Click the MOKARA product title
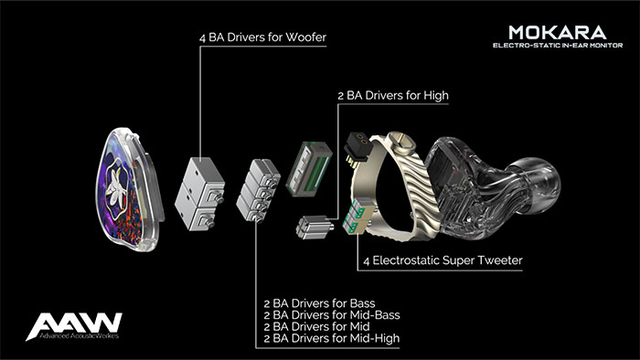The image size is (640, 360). [558, 32]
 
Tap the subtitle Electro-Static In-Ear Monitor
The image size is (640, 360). [558, 46]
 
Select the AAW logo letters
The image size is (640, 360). [74, 324]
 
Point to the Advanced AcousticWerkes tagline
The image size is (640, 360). [80, 336]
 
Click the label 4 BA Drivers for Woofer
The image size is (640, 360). [263, 37]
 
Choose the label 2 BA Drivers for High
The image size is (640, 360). [393, 96]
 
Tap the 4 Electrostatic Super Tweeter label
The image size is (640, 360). [443, 260]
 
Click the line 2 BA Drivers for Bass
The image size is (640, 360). [320, 303]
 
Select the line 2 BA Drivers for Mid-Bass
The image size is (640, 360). [332, 314]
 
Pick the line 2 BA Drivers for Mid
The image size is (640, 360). [316, 326]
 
